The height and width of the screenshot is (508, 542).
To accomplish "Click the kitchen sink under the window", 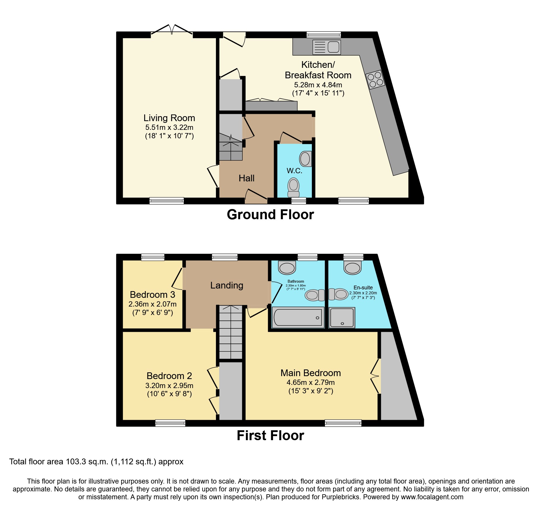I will pos(326,47).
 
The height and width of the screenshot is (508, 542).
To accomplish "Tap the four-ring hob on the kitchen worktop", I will pos(375,80).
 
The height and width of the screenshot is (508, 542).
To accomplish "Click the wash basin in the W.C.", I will pos(305,159).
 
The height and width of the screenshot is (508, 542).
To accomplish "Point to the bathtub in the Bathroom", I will pos(298,317).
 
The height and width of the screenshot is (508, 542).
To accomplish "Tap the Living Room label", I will pos(169,118).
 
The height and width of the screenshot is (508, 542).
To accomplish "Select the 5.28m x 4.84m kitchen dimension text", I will pos(318,85).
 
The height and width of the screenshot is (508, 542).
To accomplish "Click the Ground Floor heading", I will pos(270,215).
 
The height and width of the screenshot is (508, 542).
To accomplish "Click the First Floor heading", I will pos(270,436).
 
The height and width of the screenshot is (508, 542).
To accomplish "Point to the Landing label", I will pos(227,285).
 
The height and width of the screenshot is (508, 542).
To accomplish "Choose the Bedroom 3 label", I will pos(152,295).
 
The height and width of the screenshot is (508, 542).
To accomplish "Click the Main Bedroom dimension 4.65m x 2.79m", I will pos(311,383).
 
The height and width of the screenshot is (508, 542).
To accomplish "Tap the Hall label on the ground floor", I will pos(247,178).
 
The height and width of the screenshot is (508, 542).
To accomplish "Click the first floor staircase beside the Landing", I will pos(230,332).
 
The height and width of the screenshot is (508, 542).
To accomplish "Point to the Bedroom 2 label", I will pos(169,376).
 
